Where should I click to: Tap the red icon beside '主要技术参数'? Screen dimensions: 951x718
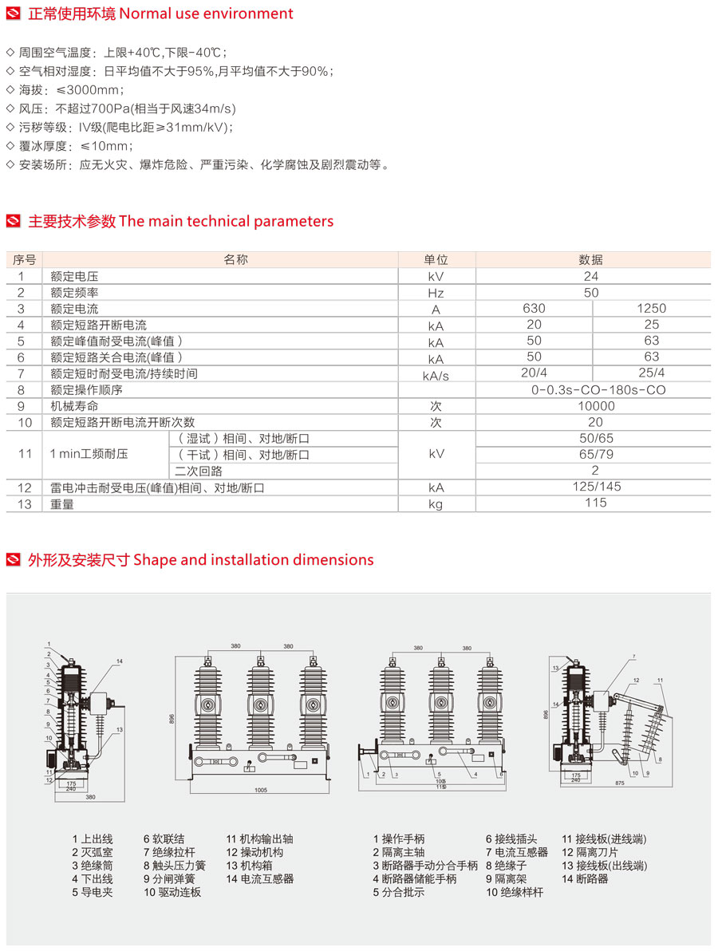(x=14, y=221)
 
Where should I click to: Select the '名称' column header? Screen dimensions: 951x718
(x=235, y=260)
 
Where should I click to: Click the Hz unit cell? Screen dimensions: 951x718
(x=436, y=293)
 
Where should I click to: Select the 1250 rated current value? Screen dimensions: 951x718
(x=651, y=309)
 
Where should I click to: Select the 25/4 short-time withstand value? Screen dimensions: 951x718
(x=651, y=373)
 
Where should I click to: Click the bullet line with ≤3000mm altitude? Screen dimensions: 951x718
(x=65, y=89)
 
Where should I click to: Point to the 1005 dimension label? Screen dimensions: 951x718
(x=261, y=791)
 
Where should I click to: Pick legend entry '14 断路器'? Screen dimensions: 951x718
(x=585, y=878)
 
